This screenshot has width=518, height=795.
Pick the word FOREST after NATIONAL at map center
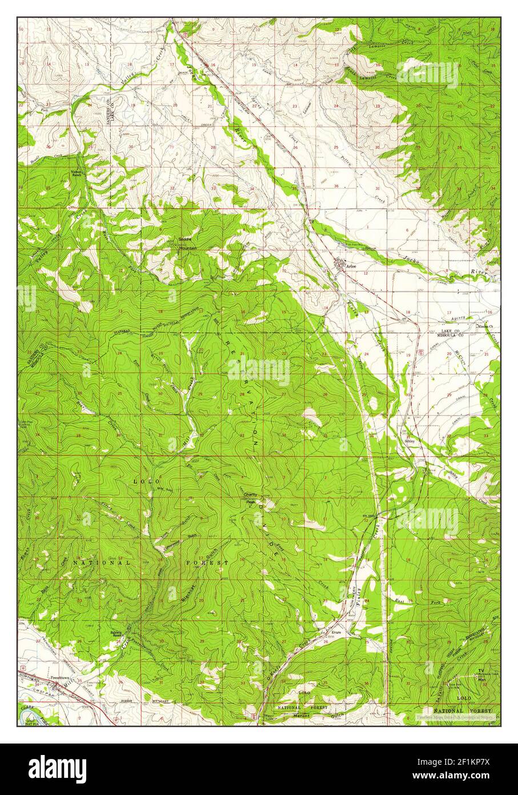[208, 563]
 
